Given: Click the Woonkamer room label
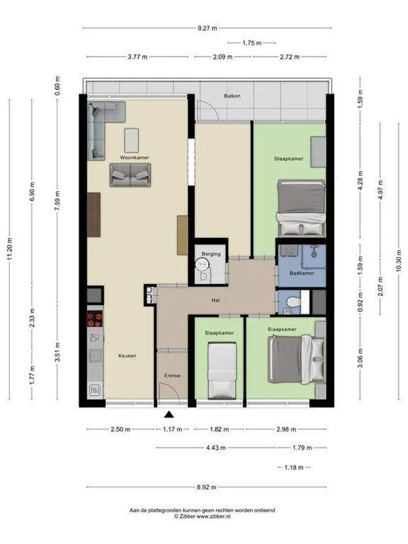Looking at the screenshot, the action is [134, 157].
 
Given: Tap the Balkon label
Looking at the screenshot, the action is [232, 96].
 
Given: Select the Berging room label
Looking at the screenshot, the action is [211, 254].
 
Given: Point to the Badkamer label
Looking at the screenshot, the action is [301, 273].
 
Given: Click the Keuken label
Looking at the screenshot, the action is [127, 356].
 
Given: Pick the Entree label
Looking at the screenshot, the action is [172, 376].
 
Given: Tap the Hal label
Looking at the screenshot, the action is [215, 300].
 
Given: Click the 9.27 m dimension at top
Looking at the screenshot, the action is [208, 28].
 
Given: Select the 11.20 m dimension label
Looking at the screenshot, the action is [10, 249].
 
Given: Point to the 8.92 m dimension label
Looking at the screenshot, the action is [206, 487].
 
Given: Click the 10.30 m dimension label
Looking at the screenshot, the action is [399, 261].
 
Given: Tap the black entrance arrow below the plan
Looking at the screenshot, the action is [169, 414].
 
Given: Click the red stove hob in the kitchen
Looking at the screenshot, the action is [94, 319].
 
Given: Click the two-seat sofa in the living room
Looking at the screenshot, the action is [131, 175].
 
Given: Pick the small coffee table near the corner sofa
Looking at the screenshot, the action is [131, 141].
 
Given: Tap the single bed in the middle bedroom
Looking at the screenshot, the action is [222, 370].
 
